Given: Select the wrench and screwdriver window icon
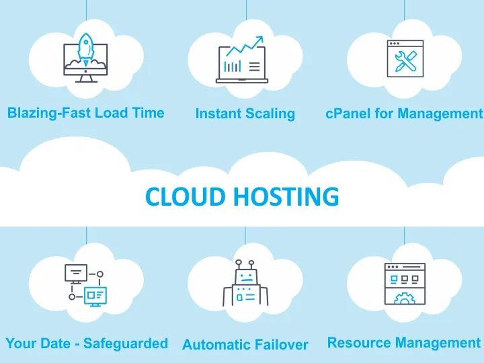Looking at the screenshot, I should [404, 61].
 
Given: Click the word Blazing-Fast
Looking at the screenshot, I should [49, 113].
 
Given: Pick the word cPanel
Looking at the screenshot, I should [348, 114].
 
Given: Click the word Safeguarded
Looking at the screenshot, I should [128, 344].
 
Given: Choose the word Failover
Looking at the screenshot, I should [282, 345].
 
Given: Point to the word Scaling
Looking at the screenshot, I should [270, 114].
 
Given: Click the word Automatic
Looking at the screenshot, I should [217, 345].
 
